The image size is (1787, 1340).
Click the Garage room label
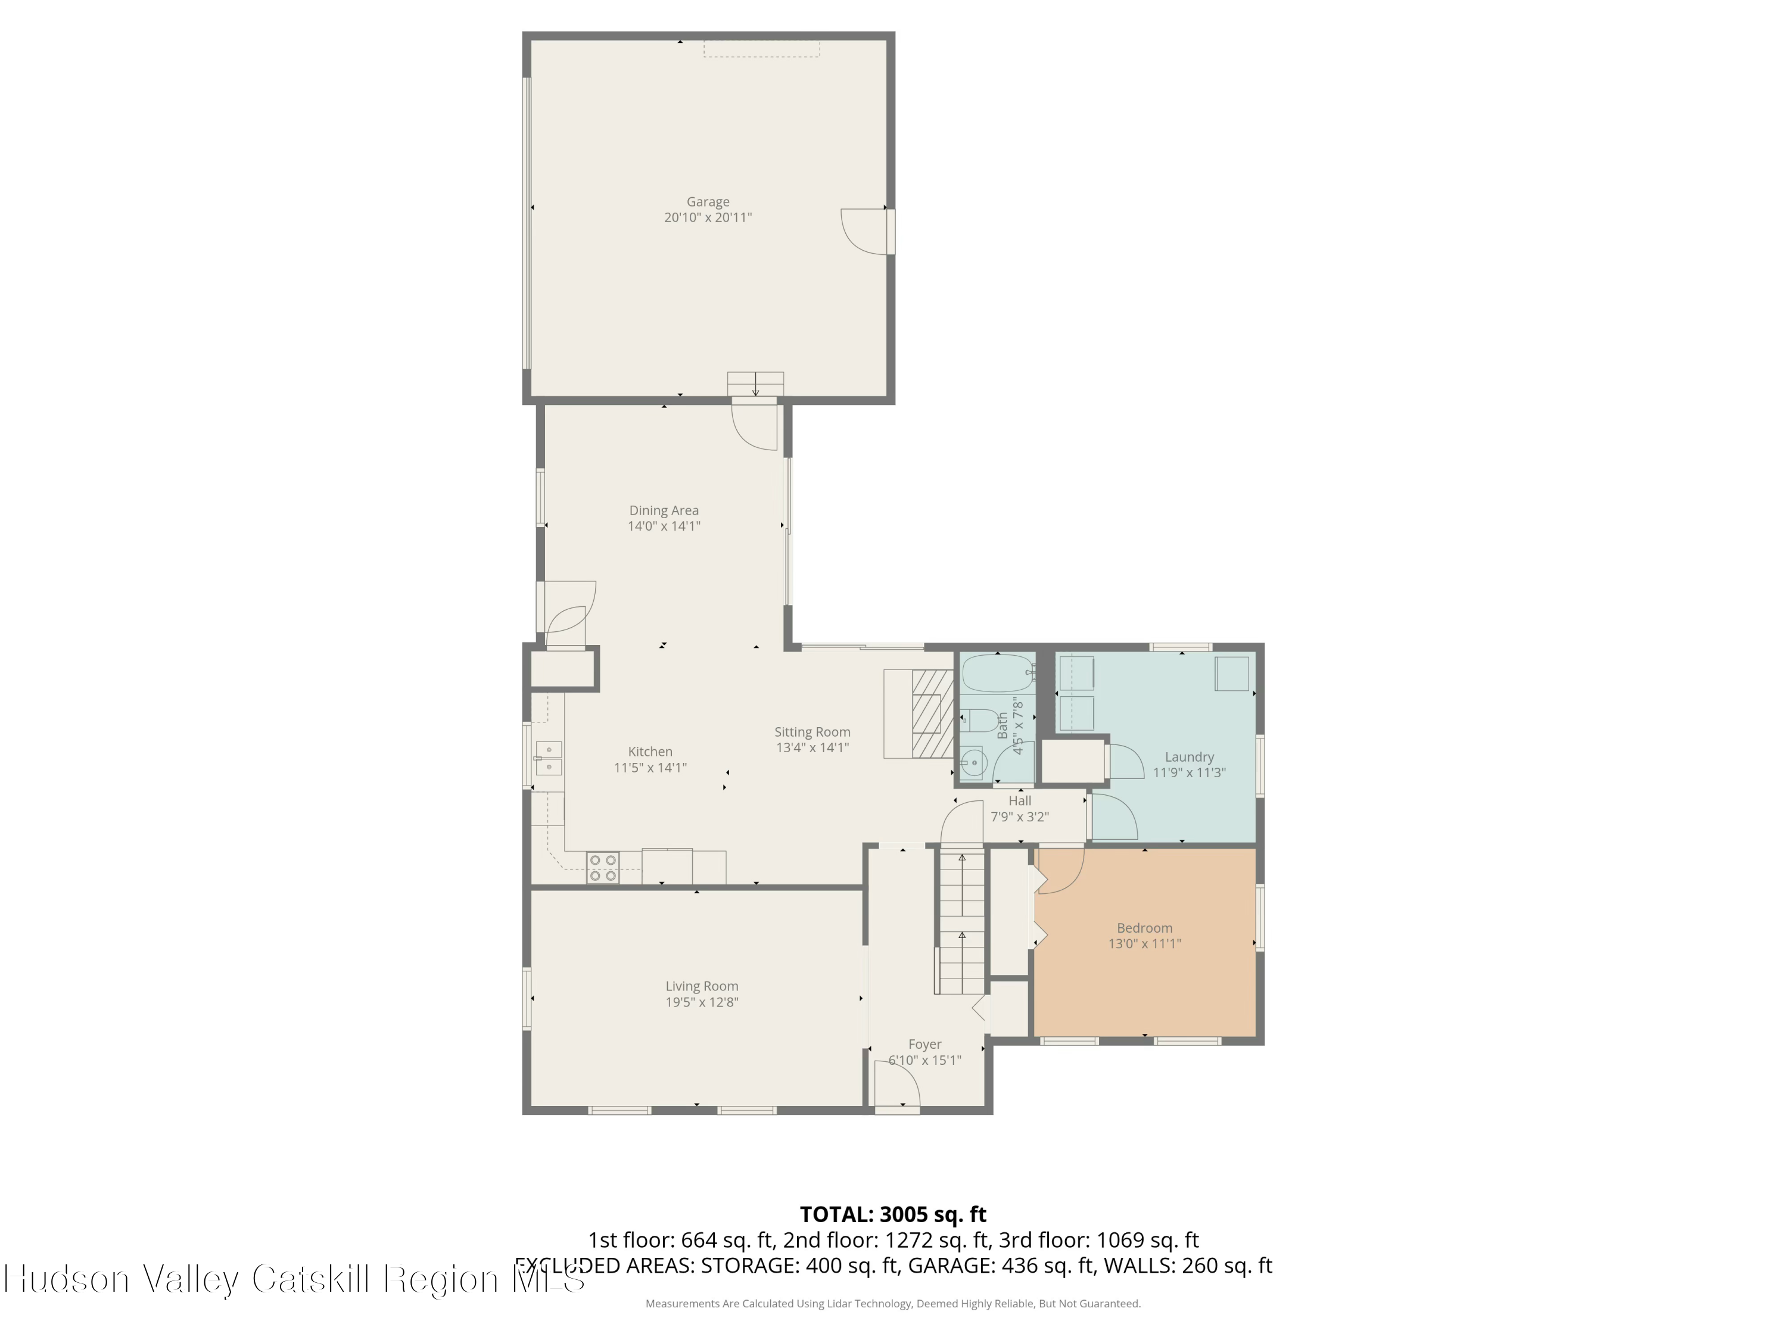tap(708, 202)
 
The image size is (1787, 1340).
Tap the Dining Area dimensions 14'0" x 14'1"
tap(664, 526)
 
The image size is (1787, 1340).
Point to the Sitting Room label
tap(812, 732)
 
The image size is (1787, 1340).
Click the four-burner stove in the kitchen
tap(603, 868)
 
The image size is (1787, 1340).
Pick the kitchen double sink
tap(549, 759)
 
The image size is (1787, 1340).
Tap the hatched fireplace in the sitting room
tap(933, 714)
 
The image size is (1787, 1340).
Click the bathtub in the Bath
tap(998, 673)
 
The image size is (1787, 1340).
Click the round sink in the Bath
tap(975, 762)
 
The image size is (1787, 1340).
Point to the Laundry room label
tap(1189, 757)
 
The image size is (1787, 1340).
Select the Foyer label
tap(925, 1045)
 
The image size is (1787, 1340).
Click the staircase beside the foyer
tap(961, 921)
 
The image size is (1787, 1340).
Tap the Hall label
tap(1020, 801)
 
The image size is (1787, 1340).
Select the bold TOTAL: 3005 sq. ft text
tap(893, 1215)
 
